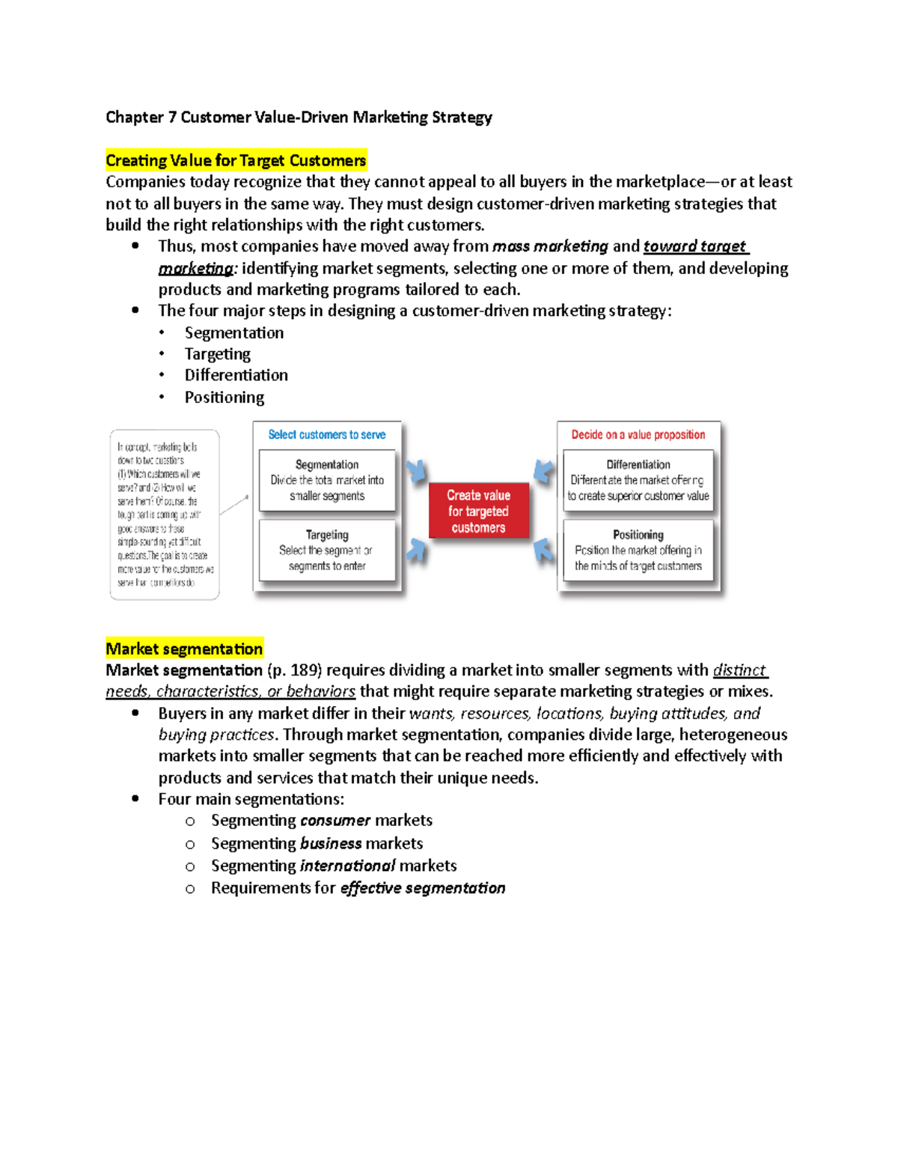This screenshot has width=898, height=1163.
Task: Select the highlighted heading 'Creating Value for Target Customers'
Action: tap(236, 160)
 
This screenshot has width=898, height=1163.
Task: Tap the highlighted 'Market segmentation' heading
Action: tap(184, 649)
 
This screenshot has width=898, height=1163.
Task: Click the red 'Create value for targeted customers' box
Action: tap(478, 511)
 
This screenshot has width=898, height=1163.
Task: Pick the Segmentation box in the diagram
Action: tap(327, 481)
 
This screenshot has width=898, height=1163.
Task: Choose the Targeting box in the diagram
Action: tap(327, 550)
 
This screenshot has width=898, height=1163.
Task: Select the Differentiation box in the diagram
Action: tap(638, 481)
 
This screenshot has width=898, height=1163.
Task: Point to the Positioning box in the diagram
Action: tap(638, 550)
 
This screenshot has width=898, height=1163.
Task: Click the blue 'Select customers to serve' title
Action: tap(327, 435)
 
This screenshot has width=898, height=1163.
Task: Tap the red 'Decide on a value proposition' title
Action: tap(638, 435)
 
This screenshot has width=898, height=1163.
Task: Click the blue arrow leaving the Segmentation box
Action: tap(417, 470)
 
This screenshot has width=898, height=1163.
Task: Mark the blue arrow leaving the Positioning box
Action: tap(543, 550)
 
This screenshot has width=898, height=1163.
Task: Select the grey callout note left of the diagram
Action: tap(165, 514)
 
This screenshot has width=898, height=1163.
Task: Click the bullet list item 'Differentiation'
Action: tap(236, 375)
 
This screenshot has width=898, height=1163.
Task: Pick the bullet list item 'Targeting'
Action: tap(217, 354)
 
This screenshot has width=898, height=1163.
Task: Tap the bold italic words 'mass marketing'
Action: tap(550, 246)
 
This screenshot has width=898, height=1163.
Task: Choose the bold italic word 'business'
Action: tap(331, 843)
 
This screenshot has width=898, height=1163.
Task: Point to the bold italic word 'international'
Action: tap(347, 866)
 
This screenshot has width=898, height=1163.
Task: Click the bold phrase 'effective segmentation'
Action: tap(423, 888)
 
